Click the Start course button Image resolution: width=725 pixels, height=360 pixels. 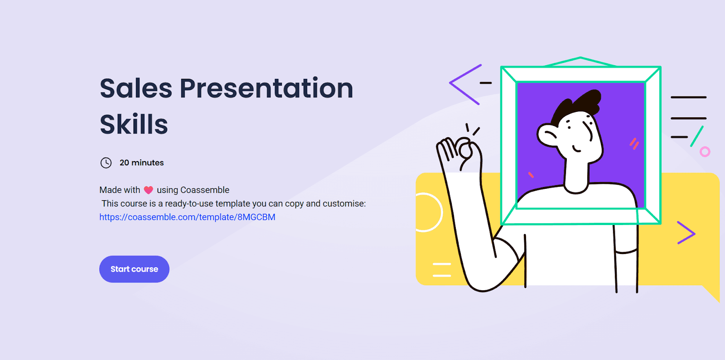coord(134,269)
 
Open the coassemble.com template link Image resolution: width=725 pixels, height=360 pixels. coord(188,217)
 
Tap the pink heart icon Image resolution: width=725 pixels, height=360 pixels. coord(148,190)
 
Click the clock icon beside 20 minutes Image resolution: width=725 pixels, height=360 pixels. coord(106,163)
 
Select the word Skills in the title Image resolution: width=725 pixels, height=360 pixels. coord(134,124)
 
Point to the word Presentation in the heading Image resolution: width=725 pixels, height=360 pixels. coord(266,89)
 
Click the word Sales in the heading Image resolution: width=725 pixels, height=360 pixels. coord(136,88)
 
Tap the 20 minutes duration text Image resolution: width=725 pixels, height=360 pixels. coord(142,163)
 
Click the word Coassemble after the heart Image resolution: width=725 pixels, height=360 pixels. coord(204,190)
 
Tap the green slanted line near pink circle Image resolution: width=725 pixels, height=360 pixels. coord(696,136)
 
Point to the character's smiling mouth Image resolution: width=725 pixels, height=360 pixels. coord(576,149)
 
